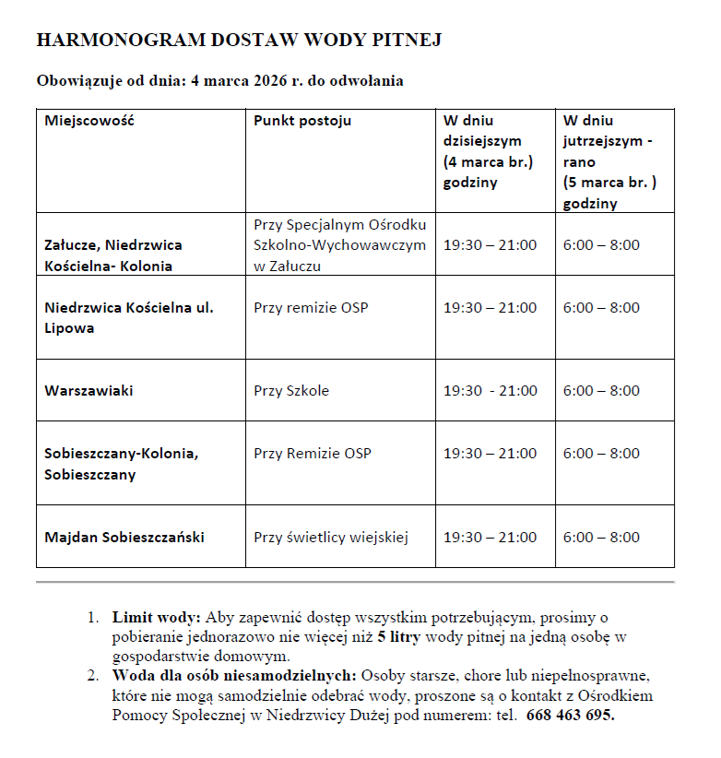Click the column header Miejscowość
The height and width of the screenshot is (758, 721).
pos(89,121)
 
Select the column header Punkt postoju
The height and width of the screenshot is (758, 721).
pos(302,121)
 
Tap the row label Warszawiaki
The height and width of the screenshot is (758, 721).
pos(89,391)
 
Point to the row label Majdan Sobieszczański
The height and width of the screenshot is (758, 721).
pos(124,537)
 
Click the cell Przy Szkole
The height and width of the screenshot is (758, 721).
pos(291,391)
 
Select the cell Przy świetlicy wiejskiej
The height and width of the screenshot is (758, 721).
pos(330,537)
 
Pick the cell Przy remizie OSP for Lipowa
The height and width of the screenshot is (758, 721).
pos(311,307)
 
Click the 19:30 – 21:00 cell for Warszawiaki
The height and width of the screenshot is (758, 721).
pos(491,391)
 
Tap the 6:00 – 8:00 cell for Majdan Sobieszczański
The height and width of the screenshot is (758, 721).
pos(601,537)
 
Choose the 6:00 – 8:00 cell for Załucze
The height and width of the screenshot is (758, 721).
pos(601,245)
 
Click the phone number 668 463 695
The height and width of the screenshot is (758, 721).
pos(571,716)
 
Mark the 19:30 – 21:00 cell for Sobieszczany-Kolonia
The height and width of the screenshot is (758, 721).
pos(491,454)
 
